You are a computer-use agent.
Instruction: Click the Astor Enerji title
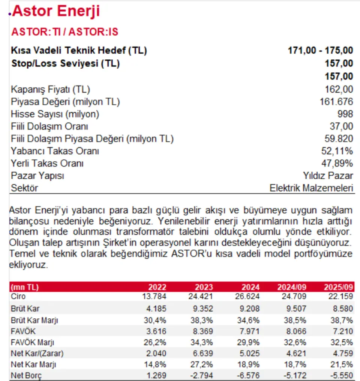[56, 11]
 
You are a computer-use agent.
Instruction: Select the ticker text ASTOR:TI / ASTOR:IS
[65, 32]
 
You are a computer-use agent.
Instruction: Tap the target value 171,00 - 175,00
[320, 50]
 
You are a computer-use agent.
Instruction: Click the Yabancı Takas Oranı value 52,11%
[336, 151]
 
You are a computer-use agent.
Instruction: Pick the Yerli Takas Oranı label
[47, 164]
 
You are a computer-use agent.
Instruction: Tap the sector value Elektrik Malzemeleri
[311, 188]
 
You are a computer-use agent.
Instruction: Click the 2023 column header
[204, 287]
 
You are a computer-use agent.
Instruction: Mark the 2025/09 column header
[339, 287]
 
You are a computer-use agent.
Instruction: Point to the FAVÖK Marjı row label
[33, 342]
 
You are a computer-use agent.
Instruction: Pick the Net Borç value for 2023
[202, 375]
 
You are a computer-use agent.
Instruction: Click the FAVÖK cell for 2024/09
[296, 331]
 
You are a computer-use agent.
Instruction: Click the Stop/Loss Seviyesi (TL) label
[65, 63]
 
